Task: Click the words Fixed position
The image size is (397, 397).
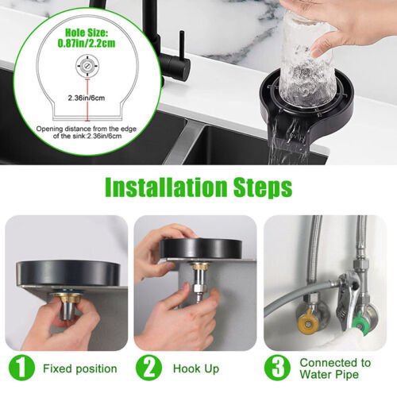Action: point(80,369)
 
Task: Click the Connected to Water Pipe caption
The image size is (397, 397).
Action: point(334,369)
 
